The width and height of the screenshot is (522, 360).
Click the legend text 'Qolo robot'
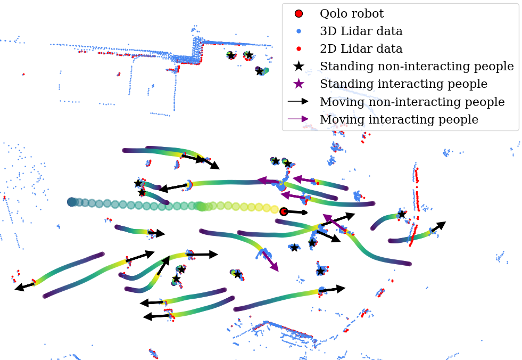[351, 14]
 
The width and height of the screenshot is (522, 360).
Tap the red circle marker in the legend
[299, 14]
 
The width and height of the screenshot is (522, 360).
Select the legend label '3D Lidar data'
[361, 31]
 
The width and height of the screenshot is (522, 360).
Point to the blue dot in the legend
[299, 31]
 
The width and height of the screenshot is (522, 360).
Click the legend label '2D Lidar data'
[361, 49]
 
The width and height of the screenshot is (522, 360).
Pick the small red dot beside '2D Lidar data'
[299, 49]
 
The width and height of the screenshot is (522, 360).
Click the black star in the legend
[299, 67]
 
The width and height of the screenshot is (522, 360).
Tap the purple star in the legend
[299, 84]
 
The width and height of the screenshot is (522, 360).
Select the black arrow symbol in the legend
[299, 101]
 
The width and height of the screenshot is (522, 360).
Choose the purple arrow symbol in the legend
[299, 119]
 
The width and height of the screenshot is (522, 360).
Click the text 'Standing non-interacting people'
[417, 67]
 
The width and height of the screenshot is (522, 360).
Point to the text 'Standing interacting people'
[403, 84]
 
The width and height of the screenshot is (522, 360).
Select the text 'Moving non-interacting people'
[412, 102]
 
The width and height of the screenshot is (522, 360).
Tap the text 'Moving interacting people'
[399, 119]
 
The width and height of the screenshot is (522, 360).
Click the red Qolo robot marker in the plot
[284, 211]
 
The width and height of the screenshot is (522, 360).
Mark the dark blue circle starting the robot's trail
[72, 202]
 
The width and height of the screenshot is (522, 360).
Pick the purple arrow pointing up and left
[332, 222]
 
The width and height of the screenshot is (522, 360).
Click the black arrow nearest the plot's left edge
[24, 286]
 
